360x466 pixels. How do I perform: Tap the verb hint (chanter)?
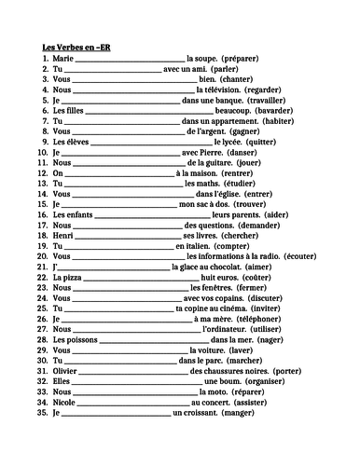(233, 79)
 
